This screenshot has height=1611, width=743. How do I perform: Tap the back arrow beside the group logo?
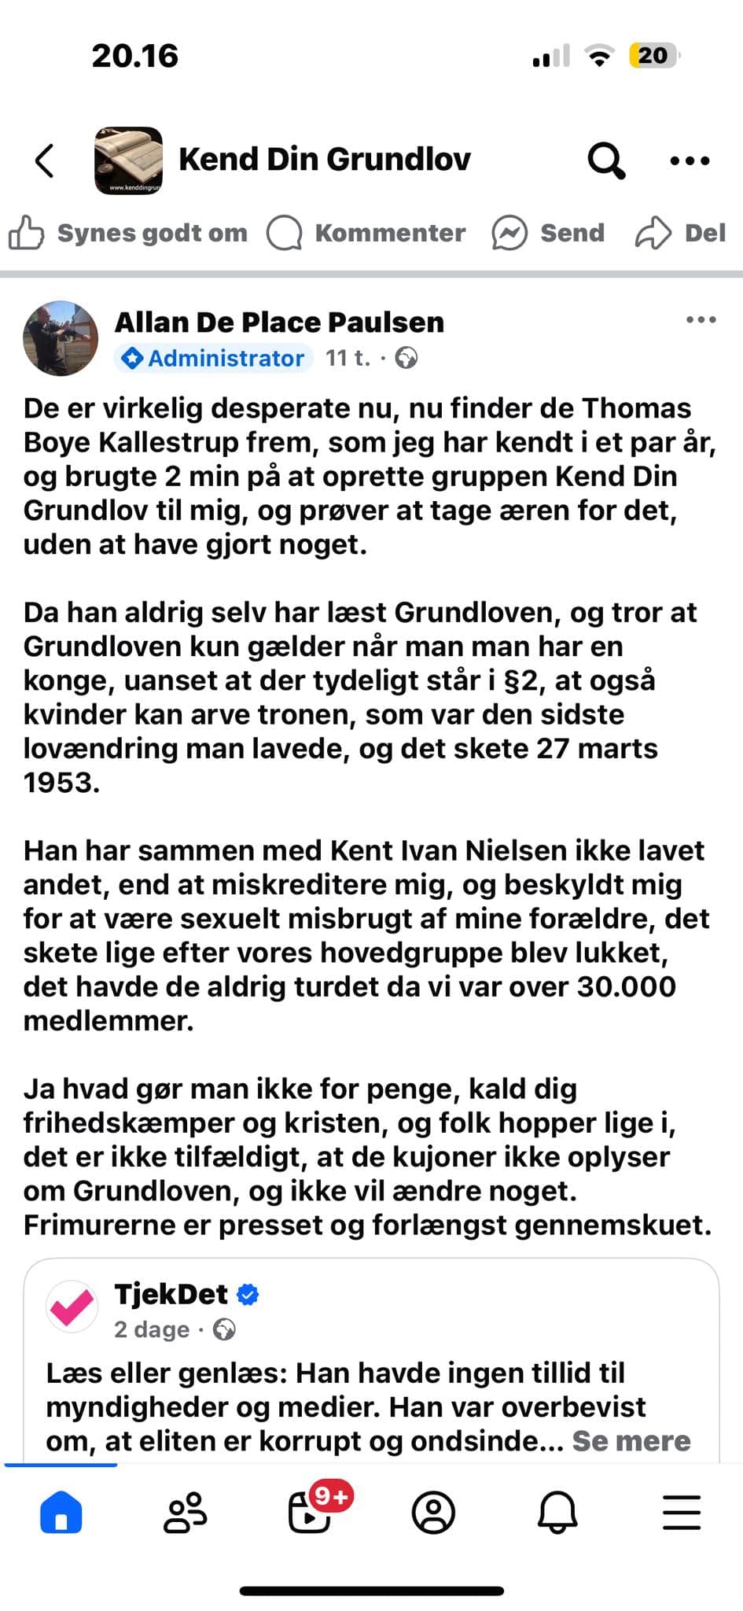tap(45, 160)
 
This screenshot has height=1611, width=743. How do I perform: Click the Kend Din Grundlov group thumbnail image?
tap(128, 160)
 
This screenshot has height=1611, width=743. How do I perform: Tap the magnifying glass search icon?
tap(606, 160)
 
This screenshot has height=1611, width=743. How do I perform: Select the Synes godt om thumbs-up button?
tap(128, 234)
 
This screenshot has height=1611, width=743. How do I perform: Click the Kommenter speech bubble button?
tap(366, 234)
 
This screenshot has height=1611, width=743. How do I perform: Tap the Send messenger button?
tap(548, 234)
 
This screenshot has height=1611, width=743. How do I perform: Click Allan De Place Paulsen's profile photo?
tap(61, 338)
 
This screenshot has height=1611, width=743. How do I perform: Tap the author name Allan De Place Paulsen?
tap(279, 323)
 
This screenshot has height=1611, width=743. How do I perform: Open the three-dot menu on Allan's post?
tap(701, 320)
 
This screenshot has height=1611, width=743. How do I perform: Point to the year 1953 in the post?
tap(61, 783)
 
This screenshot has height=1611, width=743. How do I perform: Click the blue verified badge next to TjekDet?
tap(248, 1295)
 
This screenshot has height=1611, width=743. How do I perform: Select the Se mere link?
tap(631, 1441)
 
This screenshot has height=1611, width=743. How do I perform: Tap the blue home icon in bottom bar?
tap(61, 1512)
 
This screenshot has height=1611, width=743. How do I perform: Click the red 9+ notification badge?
tap(331, 1495)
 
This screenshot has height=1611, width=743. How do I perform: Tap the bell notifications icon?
tap(557, 1512)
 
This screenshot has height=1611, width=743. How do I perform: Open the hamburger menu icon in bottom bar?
tap(681, 1512)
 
